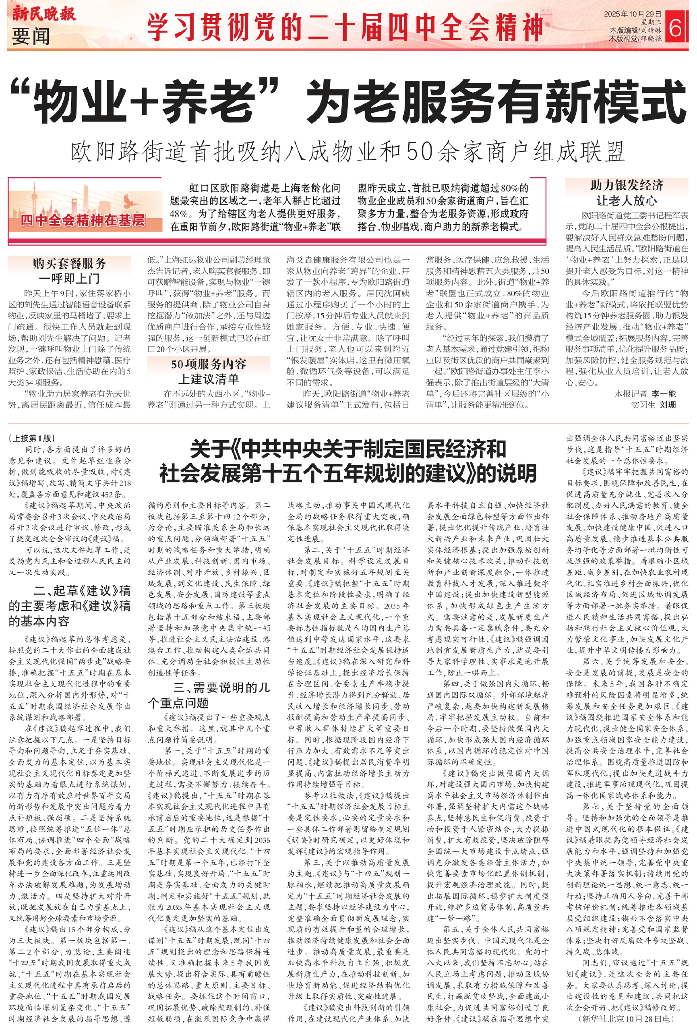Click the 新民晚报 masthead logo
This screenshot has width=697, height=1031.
point(43,13)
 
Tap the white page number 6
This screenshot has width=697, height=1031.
point(675,28)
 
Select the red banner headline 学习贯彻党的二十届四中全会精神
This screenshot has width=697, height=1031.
point(345,27)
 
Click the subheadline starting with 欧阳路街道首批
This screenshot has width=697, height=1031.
point(347,152)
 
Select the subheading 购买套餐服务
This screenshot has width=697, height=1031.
point(69,263)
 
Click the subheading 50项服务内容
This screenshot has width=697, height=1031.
point(209,364)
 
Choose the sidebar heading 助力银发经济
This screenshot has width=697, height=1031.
point(627,185)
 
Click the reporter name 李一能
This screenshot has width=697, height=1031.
point(663,393)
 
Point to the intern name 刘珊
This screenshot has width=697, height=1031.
point(667,405)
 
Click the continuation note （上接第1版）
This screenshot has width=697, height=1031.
point(31,438)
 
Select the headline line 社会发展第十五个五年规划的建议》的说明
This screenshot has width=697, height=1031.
point(347,473)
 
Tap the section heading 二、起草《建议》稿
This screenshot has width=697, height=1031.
point(82,590)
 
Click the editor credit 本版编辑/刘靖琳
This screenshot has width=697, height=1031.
point(635,31)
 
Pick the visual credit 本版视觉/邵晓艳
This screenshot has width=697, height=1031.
point(635,39)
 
